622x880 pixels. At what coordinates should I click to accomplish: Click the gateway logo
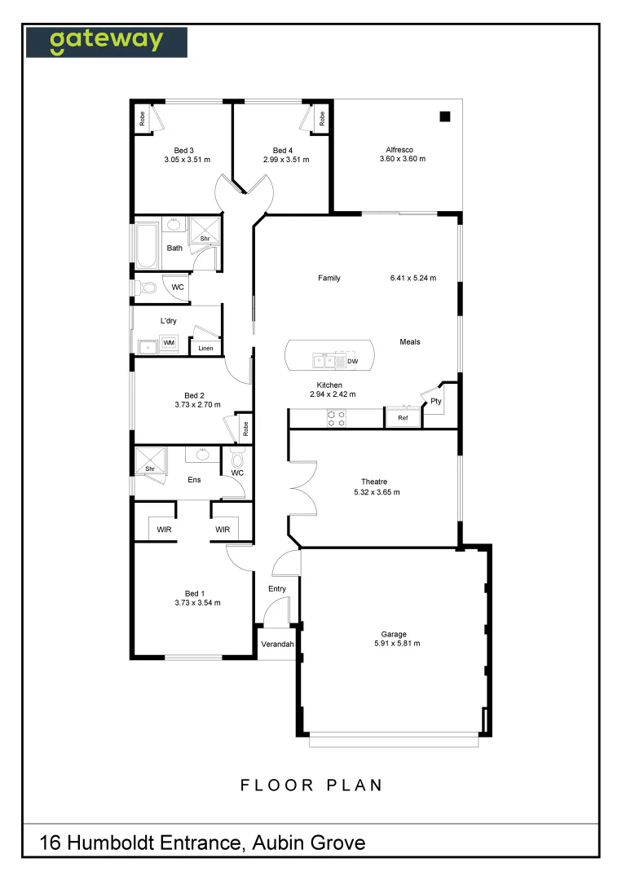(106, 42)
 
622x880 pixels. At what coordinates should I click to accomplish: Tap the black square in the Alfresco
(444, 117)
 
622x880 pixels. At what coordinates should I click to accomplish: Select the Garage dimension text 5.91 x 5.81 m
(394, 644)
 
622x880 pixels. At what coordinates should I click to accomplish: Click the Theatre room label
(377, 481)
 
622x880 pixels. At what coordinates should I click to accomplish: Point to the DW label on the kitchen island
(353, 361)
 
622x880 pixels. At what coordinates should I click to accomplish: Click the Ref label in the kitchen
(403, 418)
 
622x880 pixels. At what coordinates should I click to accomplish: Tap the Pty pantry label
(436, 401)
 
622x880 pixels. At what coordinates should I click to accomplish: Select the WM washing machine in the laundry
(169, 344)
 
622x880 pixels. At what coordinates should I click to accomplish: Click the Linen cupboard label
(205, 349)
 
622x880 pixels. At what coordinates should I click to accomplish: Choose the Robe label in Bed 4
(322, 118)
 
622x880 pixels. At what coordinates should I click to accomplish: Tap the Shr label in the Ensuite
(150, 469)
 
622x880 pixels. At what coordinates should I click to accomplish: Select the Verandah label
(277, 645)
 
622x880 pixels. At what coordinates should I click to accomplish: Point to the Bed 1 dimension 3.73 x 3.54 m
(197, 603)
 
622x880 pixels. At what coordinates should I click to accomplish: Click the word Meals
(410, 341)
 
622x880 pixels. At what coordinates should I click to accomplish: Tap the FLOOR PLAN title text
(311, 785)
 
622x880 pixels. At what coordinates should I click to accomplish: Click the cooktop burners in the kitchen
(336, 418)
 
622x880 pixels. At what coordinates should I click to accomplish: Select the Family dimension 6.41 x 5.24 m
(413, 279)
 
